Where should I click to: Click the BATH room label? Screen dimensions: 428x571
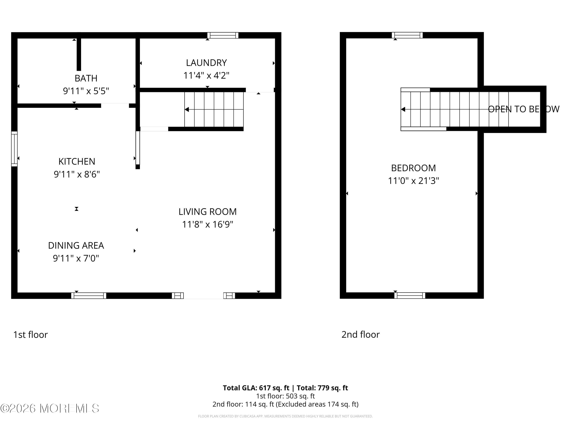coord(86,78)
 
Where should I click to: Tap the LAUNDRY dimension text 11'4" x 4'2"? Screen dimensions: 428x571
coord(206,76)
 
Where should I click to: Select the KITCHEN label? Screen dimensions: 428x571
coord(77,161)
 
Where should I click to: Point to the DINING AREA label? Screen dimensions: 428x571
coord(76,245)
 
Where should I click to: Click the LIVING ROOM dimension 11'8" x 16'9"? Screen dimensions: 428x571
coord(207,224)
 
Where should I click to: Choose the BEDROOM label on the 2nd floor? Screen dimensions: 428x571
coord(413,168)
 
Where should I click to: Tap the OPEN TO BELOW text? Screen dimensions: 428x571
coord(523,109)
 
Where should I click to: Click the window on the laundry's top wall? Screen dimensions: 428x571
coord(223,35)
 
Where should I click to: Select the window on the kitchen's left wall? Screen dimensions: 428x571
coord(14,149)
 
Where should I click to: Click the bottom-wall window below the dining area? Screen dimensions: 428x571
coord(89,296)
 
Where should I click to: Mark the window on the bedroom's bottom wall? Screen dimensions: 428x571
coord(410,296)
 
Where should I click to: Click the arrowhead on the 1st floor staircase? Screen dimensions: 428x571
coord(187,110)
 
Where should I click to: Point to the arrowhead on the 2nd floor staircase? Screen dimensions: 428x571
coord(403,109)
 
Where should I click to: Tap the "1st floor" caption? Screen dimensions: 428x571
coord(30,335)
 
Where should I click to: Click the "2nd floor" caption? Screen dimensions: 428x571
coord(360,335)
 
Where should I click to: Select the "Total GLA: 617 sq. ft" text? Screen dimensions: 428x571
coord(256,388)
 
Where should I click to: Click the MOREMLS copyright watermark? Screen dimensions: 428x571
coord(49,408)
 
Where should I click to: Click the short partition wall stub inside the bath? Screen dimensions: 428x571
coord(79,54)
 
